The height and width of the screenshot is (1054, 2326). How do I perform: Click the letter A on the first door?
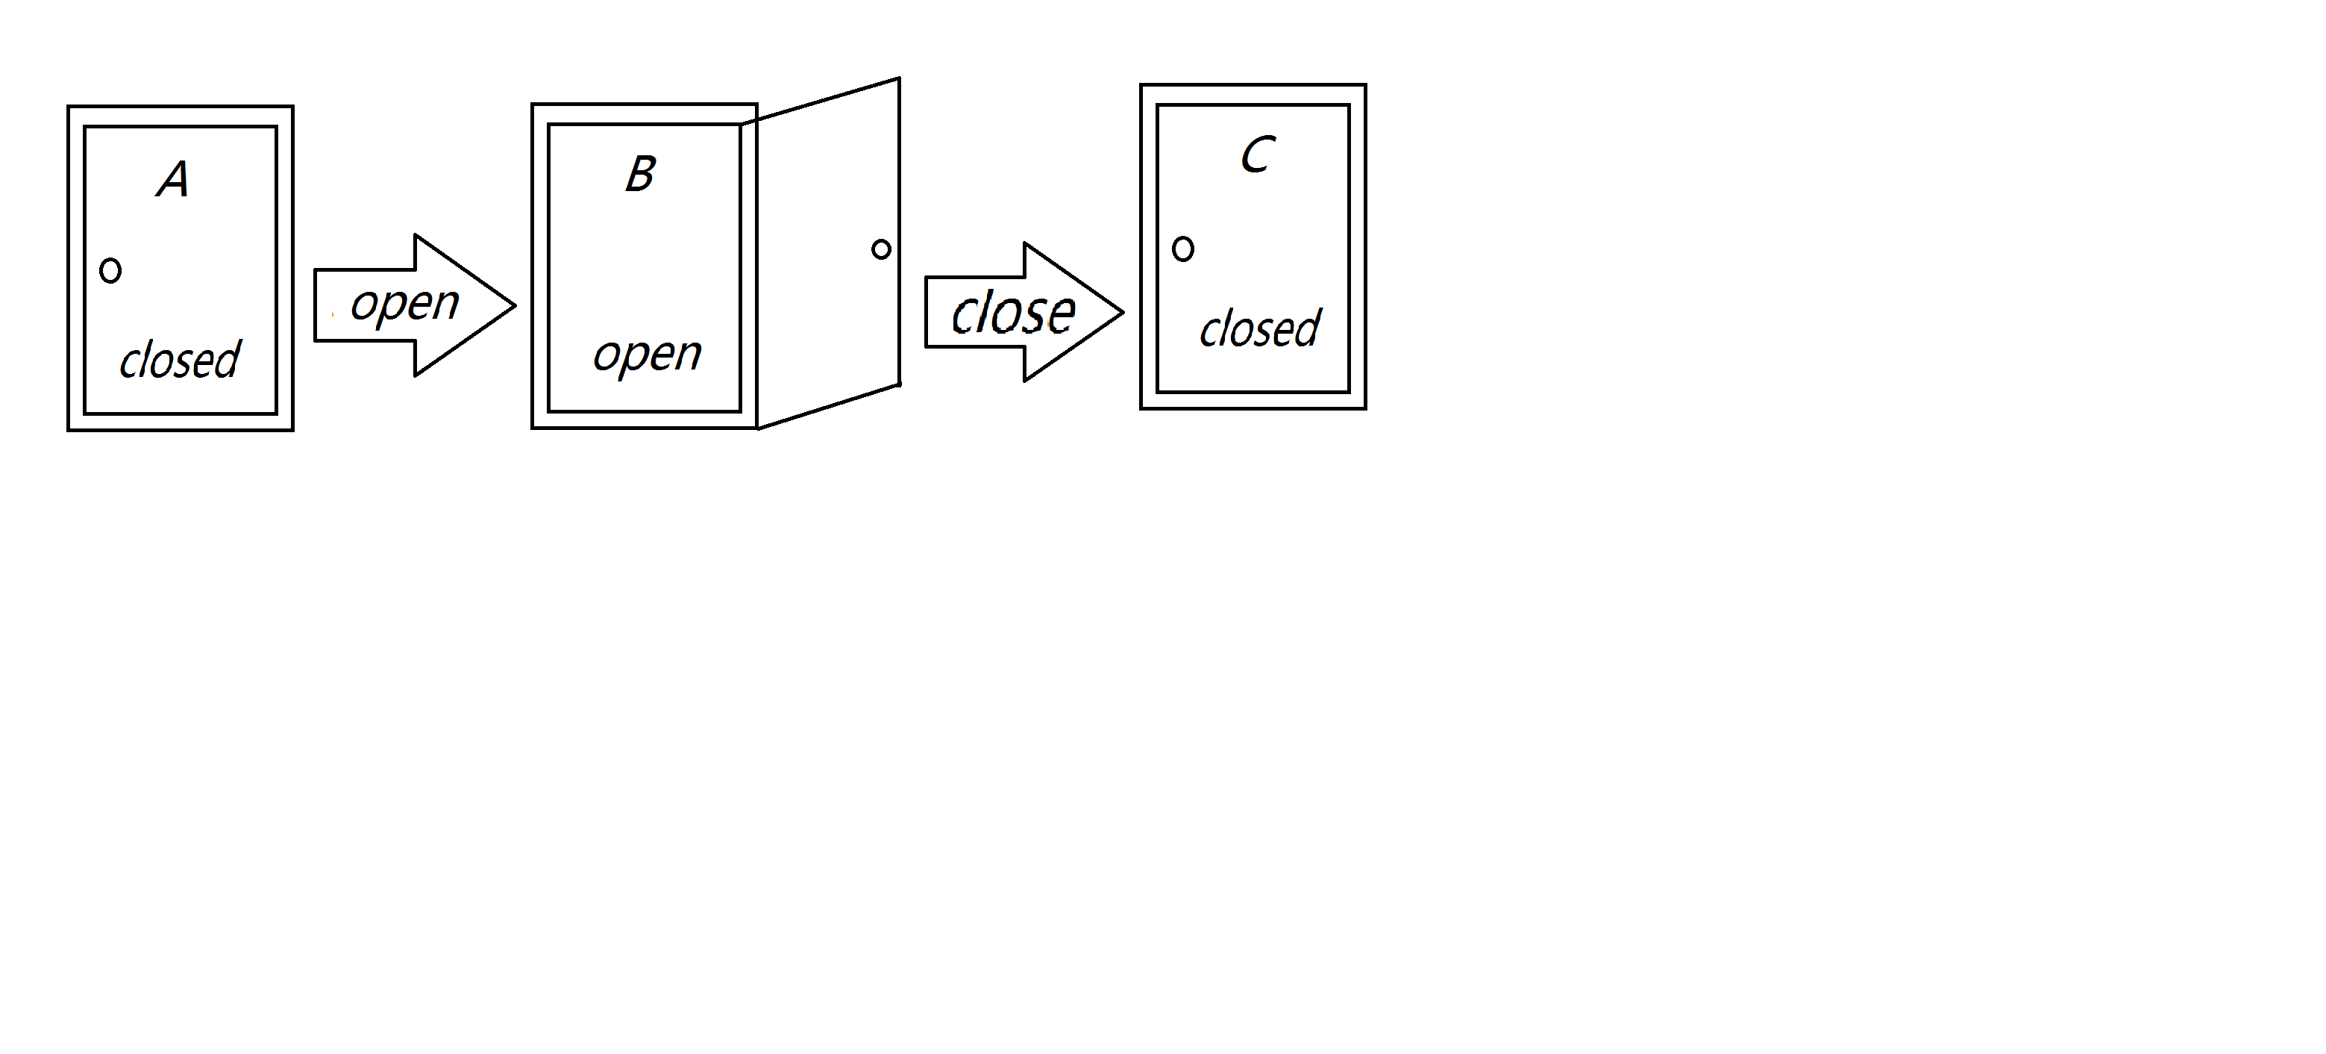coord(173,179)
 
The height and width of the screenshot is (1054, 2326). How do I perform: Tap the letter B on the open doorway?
coord(640,173)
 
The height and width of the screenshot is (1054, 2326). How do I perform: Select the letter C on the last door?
coord(1257,155)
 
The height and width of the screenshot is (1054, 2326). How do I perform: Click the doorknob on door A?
coord(110,270)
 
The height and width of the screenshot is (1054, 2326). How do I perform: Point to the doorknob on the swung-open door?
coord(881,249)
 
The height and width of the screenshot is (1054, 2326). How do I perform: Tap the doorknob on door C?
coord(1183,249)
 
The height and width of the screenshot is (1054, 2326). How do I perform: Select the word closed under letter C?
coord(1260,328)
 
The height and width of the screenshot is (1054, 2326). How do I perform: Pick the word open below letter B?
coord(647,353)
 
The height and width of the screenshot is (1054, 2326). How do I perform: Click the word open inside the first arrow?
coord(404,304)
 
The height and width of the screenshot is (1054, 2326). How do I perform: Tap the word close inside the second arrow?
coord(1013,313)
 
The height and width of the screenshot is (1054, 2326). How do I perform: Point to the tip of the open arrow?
coord(514,305)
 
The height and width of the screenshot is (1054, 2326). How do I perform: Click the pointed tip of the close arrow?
coord(1123,313)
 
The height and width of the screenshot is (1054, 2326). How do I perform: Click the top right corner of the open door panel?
coord(900,78)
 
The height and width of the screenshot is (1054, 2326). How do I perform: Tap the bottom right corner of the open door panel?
coord(900,384)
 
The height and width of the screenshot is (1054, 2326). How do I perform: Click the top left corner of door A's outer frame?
coord(69,107)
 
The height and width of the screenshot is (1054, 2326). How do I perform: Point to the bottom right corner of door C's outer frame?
coord(1365,408)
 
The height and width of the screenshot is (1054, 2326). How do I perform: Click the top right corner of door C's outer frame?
coord(1365,86)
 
